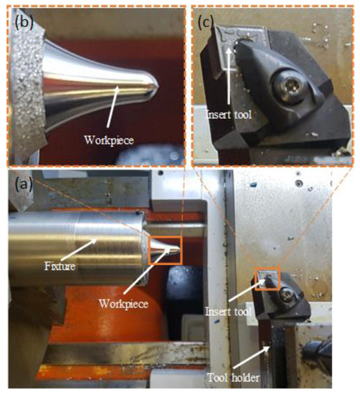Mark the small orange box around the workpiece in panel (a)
(x=165, y=249)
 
